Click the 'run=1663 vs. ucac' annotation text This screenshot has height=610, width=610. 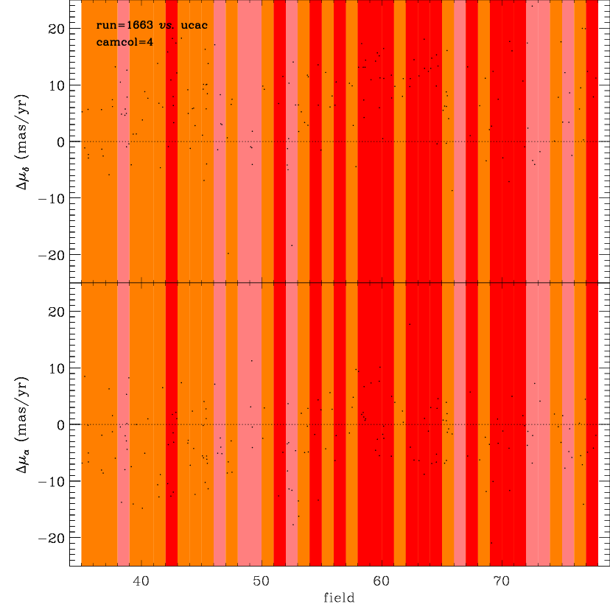(152, 25)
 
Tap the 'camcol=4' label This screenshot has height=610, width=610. (125, 42)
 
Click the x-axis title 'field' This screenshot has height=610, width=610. (339, 597)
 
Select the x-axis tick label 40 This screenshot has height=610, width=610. (141, 581)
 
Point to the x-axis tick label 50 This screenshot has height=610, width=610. (261, 581)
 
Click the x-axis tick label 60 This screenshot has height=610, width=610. (382, 581)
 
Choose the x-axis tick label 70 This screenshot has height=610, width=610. (502, 581)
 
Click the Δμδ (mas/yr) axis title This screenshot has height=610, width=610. (22, 141)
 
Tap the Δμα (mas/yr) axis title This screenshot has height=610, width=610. (22, 425)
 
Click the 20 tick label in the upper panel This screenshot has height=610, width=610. (56, 29)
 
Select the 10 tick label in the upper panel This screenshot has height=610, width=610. (56, 85)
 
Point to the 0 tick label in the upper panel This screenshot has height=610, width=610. (60, 142)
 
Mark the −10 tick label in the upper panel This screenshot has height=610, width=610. (52, 198)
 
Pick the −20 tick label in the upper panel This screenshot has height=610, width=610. (52, 255)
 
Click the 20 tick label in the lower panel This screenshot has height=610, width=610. (56, 312)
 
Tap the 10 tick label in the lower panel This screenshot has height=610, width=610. (56, 368)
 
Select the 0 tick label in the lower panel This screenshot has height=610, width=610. (60, 425)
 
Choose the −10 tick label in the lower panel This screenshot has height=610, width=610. (52, 482)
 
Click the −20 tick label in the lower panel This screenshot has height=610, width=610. (52, 539)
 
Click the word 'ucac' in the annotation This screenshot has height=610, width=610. (194, 26)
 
